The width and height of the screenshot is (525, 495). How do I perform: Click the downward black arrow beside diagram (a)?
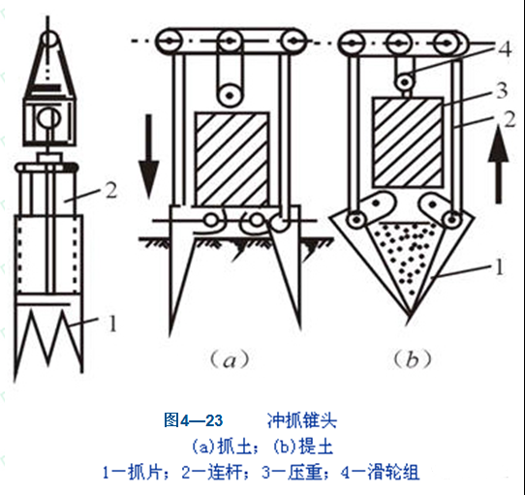[148, 156]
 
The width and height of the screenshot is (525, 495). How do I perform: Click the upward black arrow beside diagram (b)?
[498, 164]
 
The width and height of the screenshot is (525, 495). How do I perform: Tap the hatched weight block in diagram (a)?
[232, 160]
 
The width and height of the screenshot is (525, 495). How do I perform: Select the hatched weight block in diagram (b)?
[408, 142]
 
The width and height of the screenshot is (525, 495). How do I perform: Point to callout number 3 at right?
[501, 90]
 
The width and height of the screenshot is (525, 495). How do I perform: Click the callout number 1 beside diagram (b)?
[499, 267]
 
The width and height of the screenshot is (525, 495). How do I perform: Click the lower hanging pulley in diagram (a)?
[230, 95]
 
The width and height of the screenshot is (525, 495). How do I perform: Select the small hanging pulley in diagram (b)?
[406, 81]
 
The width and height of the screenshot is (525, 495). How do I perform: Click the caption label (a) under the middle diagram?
[230, 359]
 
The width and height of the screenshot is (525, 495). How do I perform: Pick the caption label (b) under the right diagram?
[412, 359]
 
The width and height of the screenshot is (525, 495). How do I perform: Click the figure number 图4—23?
[193, 420]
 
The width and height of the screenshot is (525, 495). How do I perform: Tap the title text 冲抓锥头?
[301, 420]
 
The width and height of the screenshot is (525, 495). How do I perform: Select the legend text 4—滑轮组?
[380, 472]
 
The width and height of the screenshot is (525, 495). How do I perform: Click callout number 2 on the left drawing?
[110, 191]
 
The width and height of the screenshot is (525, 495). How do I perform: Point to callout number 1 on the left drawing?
[112, 324]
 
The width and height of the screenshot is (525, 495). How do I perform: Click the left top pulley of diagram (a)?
[170, 42]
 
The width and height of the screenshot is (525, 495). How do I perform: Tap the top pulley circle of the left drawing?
[48, 40]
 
